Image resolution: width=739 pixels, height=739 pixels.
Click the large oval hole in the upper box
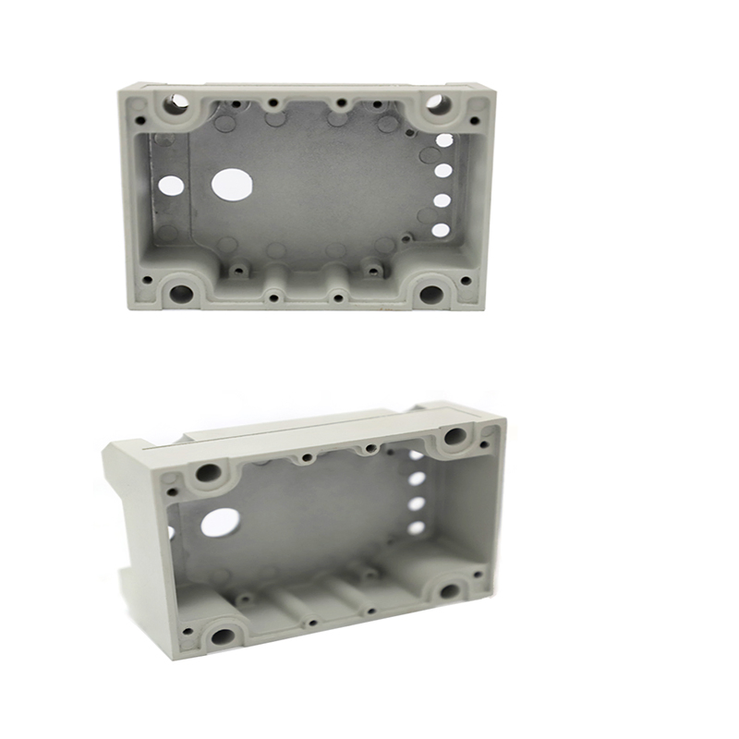232,184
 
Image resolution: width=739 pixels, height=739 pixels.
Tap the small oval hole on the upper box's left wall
171,186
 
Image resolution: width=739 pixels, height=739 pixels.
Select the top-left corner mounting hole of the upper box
176,103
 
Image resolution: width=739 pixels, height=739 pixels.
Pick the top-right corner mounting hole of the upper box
438,103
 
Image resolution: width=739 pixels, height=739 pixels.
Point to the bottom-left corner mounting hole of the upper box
181,295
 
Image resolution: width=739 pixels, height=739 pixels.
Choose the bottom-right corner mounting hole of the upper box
430,295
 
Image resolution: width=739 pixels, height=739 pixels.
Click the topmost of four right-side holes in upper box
444,140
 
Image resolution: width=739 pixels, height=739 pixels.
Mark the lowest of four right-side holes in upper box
441,230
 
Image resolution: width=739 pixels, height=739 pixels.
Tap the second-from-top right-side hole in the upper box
443,170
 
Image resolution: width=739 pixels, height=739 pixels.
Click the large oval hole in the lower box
220,523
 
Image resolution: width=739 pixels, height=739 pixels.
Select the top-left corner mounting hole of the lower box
209,473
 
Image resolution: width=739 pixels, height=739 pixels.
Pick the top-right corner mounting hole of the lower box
455,436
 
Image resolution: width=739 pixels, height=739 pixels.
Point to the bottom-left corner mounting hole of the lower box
223,636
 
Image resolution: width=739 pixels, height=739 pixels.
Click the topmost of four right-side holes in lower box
417,455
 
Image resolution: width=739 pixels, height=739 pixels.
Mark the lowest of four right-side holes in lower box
417,527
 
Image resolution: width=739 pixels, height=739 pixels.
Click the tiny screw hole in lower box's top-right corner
485,444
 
